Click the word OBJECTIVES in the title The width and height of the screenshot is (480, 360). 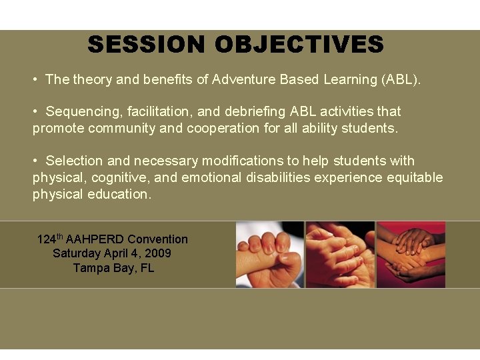299,45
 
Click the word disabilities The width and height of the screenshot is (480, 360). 279,177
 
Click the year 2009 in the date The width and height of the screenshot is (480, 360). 159,253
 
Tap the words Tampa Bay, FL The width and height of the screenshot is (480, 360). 113,268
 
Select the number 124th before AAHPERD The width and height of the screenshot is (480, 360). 50,239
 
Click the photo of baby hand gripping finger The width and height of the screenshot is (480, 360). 270,255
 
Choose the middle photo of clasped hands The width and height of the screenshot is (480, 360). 340,255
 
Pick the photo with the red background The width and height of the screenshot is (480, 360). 411,255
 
